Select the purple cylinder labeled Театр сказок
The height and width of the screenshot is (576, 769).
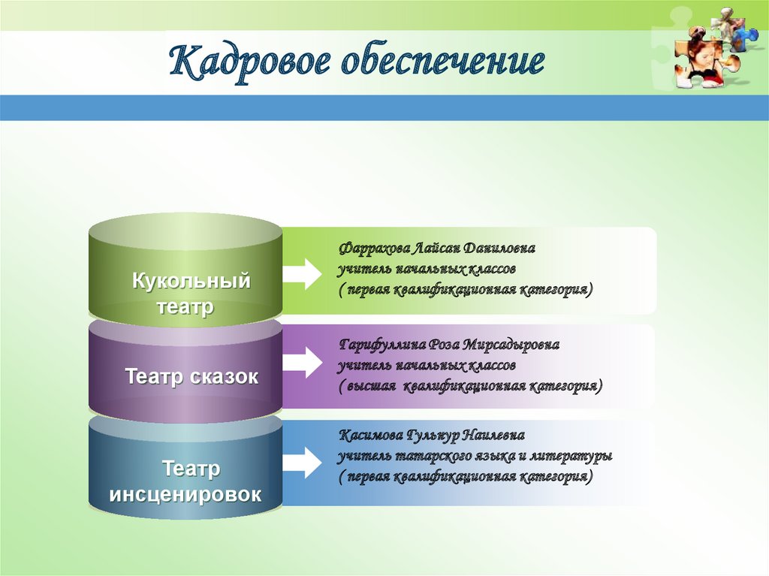[185, 376]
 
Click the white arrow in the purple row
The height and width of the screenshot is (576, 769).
[303, 363]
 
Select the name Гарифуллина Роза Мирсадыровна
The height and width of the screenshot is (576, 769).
[448, 345]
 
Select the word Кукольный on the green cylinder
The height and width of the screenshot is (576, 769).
[191, 282]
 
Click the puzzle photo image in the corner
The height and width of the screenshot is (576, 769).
[709, 50]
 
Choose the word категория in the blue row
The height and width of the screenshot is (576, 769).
[552, 477]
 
